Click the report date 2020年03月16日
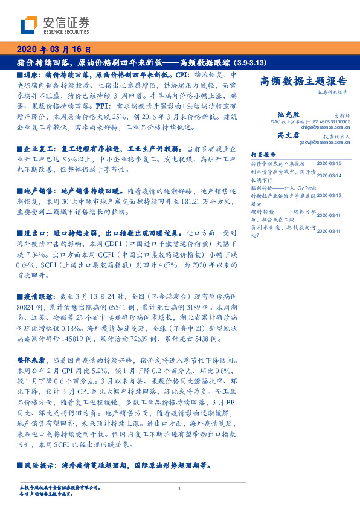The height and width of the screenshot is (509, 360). point(54,49)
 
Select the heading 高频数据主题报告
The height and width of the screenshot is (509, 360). point(303,82)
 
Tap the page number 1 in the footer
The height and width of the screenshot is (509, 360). point(180,488)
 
